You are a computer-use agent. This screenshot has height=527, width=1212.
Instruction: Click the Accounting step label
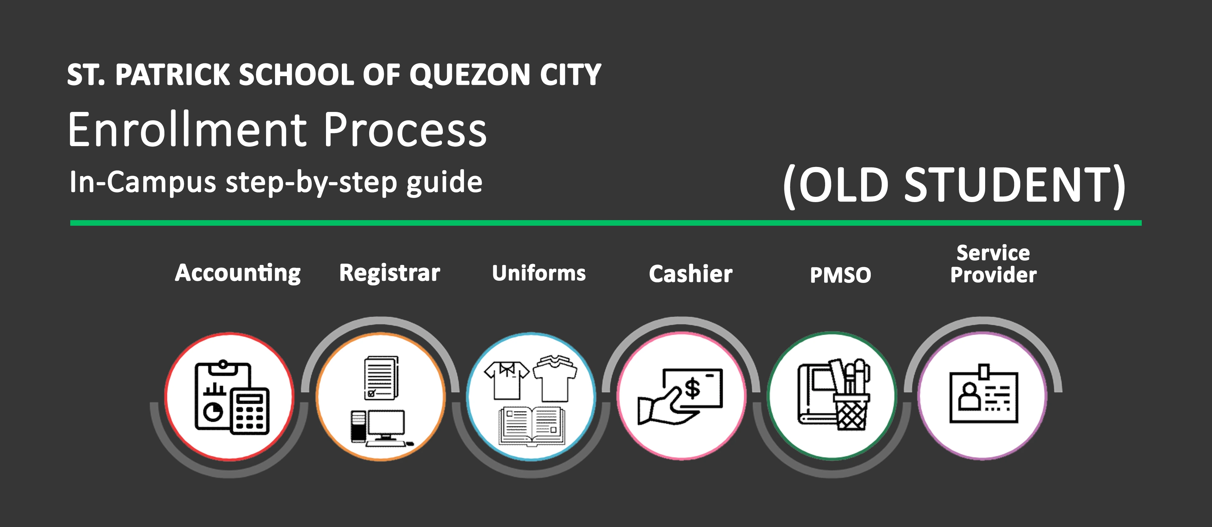(x=238, y=273)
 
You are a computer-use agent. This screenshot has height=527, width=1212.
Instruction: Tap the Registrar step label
(x=390, y=273)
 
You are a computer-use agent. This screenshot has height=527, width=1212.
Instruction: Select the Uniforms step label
(x=539, y=273)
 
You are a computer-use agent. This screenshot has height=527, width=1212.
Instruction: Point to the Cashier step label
(x=691, y=274)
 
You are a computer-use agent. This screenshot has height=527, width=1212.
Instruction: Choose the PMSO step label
(x=840, y=275)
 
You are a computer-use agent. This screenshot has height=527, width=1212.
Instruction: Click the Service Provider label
(x=993, y=264)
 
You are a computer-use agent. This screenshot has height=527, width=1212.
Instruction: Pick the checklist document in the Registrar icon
(x=381, y=378)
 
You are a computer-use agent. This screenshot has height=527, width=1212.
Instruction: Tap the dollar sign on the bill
(x=692, y=389)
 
